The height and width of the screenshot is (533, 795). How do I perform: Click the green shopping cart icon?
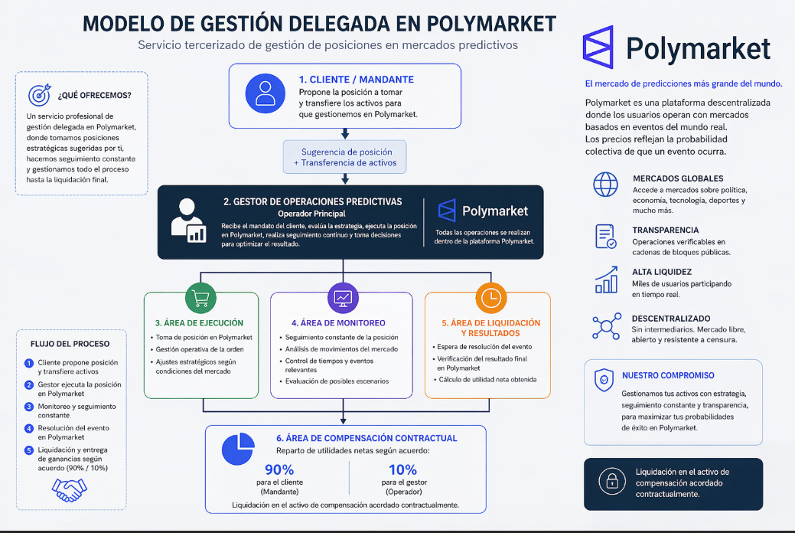point(200,298)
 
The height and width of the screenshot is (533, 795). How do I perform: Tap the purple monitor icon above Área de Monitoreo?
point(344,298)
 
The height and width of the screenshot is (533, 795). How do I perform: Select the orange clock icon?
point(490,298)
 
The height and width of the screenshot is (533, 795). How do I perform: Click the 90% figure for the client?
point(279,469)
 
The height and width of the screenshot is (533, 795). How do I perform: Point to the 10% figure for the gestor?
point(402,469)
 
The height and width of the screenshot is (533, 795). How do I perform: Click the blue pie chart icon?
point(238,449)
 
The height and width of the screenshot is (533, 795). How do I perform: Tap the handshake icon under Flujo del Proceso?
point(70,490)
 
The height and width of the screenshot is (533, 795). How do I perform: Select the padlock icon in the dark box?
point(612,481)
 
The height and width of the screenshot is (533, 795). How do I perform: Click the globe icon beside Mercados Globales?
point(605,185)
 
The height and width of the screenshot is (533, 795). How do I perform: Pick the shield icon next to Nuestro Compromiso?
point(604,380)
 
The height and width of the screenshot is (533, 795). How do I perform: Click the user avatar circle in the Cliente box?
point(266,93)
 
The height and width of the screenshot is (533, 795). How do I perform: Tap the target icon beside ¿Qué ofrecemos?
point(40,94)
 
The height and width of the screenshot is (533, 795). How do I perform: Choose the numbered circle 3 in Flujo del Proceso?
point(29,407)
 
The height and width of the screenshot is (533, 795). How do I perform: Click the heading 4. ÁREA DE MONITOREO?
point(338,323)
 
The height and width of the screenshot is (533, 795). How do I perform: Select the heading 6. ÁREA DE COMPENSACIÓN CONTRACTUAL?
point(367,438)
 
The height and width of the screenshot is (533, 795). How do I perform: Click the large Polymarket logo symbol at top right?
point(598,47)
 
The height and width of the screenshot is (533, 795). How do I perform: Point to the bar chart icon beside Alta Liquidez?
point(607,280)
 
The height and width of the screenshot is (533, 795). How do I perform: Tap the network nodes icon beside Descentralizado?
point(607,326)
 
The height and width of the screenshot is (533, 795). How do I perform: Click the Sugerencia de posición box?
point(345,157)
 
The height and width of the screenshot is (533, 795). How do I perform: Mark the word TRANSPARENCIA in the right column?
point(665,230)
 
